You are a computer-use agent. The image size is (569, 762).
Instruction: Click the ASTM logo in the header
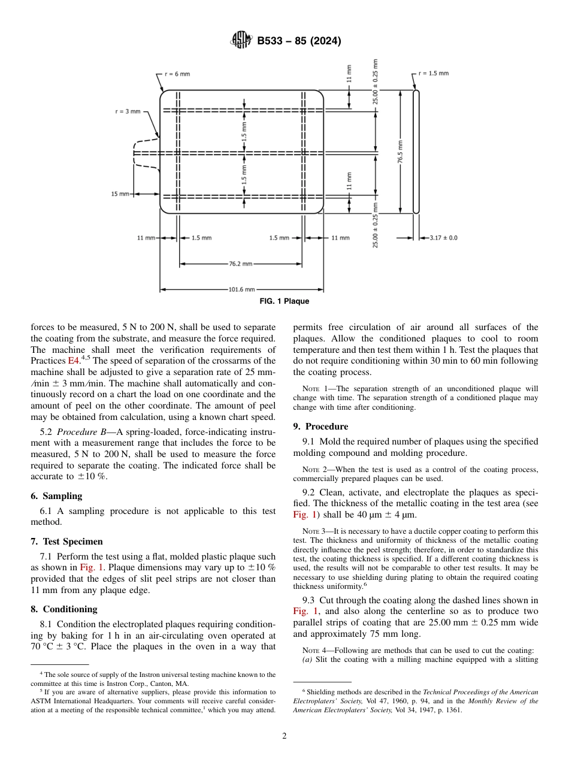(x=241, y=41)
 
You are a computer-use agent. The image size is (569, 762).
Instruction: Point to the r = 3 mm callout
(x=128, y=111)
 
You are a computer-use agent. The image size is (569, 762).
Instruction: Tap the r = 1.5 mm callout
(x=433, y=73)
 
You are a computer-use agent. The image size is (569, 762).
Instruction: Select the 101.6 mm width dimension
(x=241, y=289)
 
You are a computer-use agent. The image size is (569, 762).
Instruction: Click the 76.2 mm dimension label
(x=240, y=263)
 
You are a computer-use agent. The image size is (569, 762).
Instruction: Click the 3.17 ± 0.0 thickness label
(x=443, y=238)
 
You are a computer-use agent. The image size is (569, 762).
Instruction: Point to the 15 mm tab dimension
(x=120, y=193)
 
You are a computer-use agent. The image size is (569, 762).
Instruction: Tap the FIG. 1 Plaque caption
(x=284, y=301)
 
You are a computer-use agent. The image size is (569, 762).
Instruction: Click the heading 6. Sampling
(x=56, y=496)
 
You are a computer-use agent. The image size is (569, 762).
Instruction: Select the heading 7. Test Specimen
(x=66, y=541)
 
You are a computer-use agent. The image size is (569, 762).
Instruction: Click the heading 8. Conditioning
(x=63, y=609)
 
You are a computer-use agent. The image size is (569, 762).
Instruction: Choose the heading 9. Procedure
(x=320, y=427)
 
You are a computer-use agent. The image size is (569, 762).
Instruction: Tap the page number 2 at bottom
(x=284, y=736)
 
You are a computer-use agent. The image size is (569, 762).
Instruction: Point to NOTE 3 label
(x=314, y=531)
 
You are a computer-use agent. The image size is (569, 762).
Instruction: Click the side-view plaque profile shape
(x=416, y=151)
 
